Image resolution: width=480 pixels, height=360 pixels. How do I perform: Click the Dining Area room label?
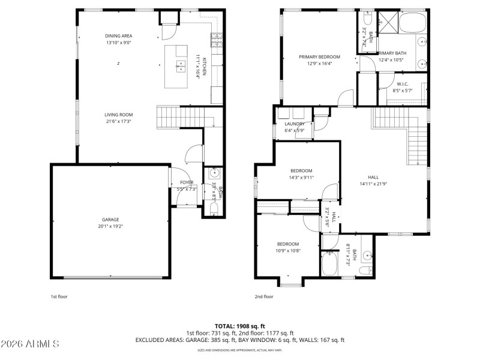[118, 36]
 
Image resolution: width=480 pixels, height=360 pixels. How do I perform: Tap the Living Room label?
[118, 115]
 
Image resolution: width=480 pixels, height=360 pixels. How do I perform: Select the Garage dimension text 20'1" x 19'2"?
[110, 227]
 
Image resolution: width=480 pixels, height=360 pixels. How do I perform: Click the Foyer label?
[187, 182]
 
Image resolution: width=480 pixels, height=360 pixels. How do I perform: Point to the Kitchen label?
[204, 66]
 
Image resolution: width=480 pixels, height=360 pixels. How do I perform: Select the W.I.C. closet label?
[403, 84]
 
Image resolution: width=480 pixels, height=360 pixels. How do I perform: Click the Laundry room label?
[295, 124]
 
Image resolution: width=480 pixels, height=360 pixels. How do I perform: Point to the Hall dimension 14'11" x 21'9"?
[373, 184]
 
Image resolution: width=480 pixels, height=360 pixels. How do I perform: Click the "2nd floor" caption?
[264, 296]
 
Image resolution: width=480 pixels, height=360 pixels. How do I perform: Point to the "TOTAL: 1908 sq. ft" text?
[239, 326]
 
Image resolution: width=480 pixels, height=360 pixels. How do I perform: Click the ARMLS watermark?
[29, 344]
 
